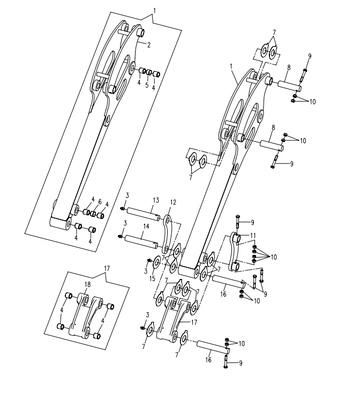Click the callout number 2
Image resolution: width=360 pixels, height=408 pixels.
pos(149,44)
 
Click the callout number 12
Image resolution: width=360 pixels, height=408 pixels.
pos(174,202)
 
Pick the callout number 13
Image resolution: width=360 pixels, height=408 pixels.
pos(156,200)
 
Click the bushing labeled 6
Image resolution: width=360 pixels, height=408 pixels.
pos(93,214)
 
